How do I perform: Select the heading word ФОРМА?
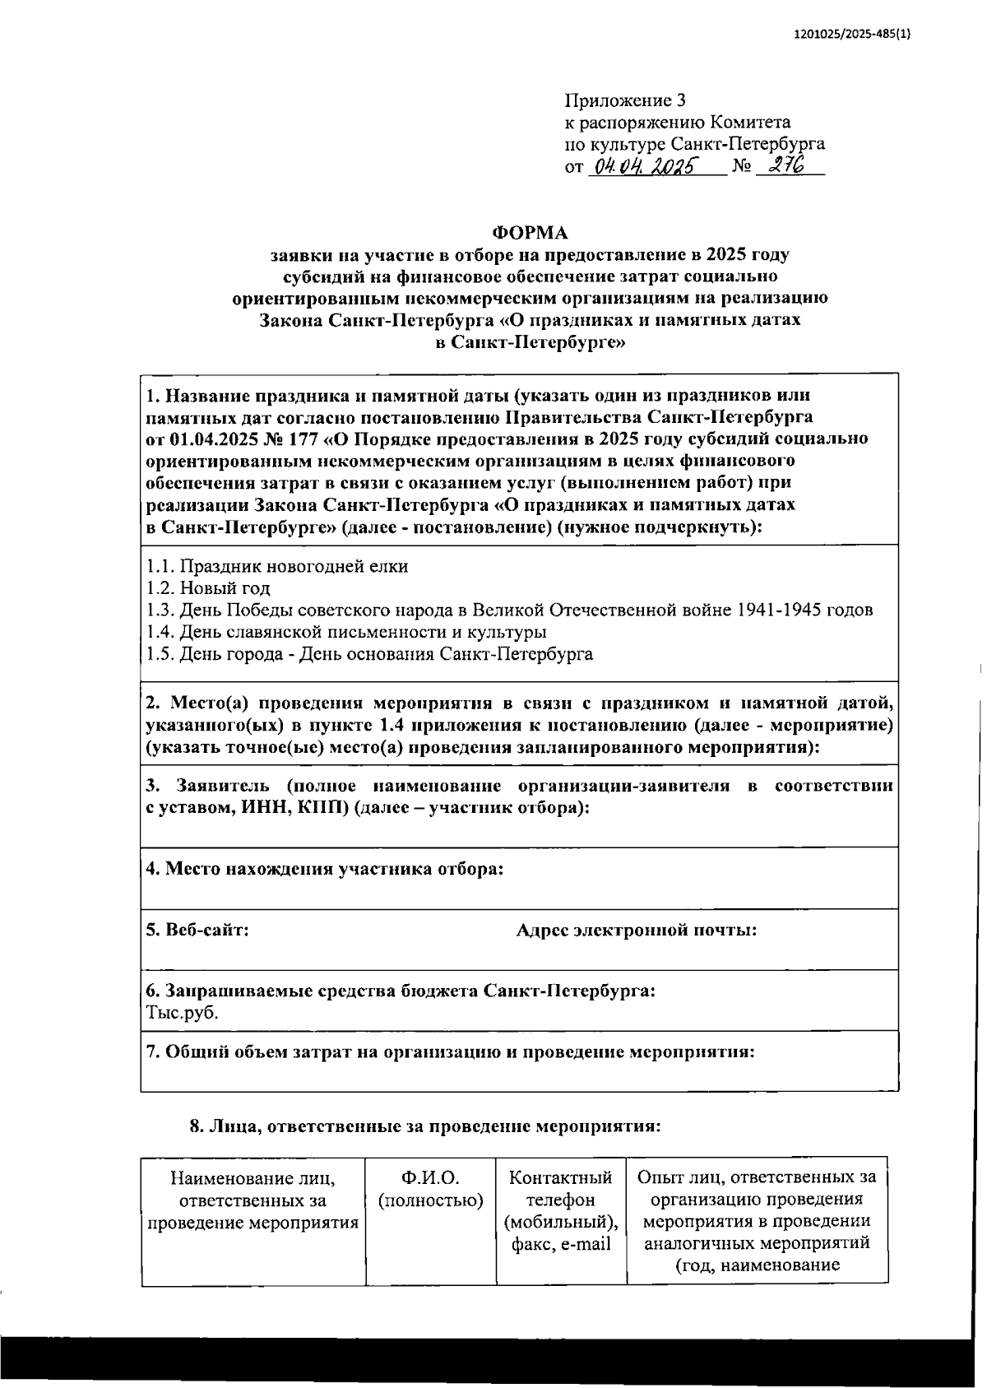[530, 233]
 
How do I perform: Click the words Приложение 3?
[625, 100]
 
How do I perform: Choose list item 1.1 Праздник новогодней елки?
[277, 566]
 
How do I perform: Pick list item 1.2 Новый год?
[208, 588]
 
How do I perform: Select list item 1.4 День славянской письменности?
[346, 632]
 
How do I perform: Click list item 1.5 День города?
[369, 654]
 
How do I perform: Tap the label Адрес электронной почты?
[636, 930]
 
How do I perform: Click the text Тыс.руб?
[182, 1012]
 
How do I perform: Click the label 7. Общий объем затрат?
[449, 1051]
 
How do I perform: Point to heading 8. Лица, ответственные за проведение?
[424, 1126]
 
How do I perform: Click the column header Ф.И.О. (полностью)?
[430, 1188]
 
